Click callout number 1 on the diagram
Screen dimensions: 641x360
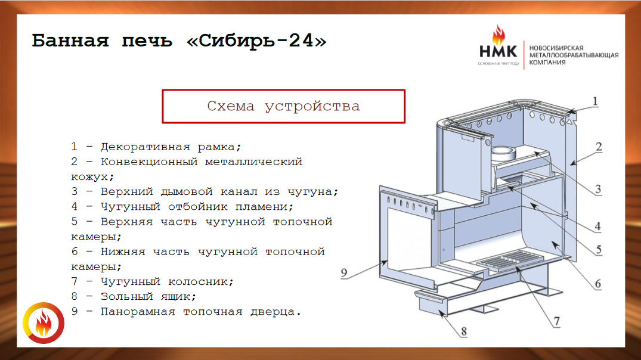595,101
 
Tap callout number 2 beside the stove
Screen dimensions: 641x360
599,147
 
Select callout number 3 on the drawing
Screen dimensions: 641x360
598,189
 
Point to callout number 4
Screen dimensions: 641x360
597,226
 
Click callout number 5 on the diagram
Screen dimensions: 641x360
599,249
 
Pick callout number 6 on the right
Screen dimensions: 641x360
598,284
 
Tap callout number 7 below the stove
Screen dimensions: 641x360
556,322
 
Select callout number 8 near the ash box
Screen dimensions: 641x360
463,331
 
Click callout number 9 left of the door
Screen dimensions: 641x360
344,272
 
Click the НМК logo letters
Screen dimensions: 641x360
498,51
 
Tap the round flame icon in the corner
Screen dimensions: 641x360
44,323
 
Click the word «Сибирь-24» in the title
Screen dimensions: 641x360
256,41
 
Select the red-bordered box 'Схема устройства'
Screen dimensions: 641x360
284,106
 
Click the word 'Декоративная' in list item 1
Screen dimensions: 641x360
145,147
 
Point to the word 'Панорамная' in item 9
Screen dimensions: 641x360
138,312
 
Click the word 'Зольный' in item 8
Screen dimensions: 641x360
127,297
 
